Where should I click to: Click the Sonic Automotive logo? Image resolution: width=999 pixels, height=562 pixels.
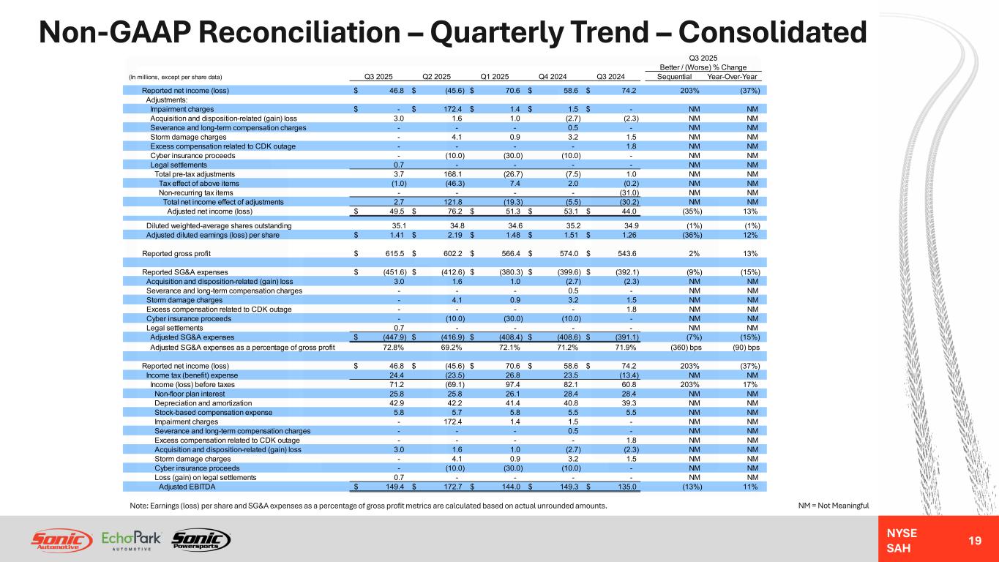coord(61,539)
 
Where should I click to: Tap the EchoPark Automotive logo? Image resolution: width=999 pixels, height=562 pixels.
coord(131,539)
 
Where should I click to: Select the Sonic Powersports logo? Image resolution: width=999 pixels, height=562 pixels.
coord(200,539)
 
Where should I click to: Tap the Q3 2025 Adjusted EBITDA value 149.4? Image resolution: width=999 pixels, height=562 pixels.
coord(384,487)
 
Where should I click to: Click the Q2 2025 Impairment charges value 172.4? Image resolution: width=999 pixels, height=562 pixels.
coord(441,109)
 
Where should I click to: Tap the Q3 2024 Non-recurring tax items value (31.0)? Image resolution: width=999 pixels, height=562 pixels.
coord(622,192)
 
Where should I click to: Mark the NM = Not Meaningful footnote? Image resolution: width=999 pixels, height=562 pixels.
coord(839,504)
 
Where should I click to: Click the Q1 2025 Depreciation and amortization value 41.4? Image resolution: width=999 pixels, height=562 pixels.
coord(503,402)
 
